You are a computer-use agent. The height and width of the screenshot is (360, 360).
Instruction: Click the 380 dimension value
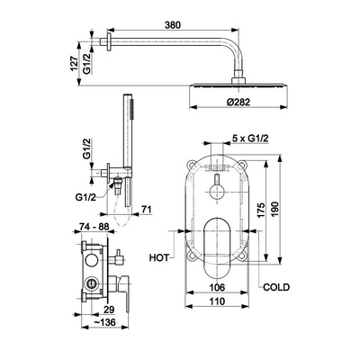(173, 25)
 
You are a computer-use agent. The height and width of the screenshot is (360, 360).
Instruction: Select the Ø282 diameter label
(238, 102)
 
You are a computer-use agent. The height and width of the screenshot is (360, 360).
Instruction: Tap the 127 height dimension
(74, 63)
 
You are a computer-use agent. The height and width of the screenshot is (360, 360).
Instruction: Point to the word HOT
(159, 257)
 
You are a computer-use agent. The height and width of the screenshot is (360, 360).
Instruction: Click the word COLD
(276, 287)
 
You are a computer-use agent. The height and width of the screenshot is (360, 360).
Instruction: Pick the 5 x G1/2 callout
(250, 139)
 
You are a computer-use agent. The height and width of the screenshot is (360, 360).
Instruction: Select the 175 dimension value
(261, 211)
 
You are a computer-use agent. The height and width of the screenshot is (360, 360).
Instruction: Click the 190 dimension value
(274, 210)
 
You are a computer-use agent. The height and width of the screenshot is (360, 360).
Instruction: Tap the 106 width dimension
(217, 287)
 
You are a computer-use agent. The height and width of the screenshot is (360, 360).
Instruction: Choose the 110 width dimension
(217, 301)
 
